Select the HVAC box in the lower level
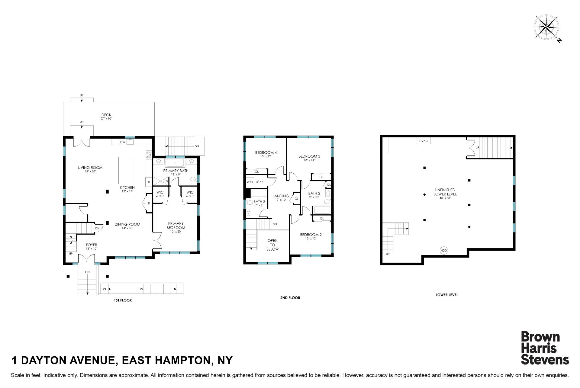coord(424,141)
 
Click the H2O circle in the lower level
coord(443,250)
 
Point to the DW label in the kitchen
coord(123,142)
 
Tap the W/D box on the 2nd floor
coord(250,182)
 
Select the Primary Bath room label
coord(176,171)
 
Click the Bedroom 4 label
coord(266,153)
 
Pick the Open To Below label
coord(272,245)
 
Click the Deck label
coord(106,115)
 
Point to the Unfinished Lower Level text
coord(445,192)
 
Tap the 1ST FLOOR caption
coord(123,300)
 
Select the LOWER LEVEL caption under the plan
coord(447,295)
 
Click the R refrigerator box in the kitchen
coord(149,182)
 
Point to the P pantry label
coord(149,204)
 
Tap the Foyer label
coord(91,245)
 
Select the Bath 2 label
coord(314,194)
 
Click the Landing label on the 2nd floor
coord(281,196)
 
